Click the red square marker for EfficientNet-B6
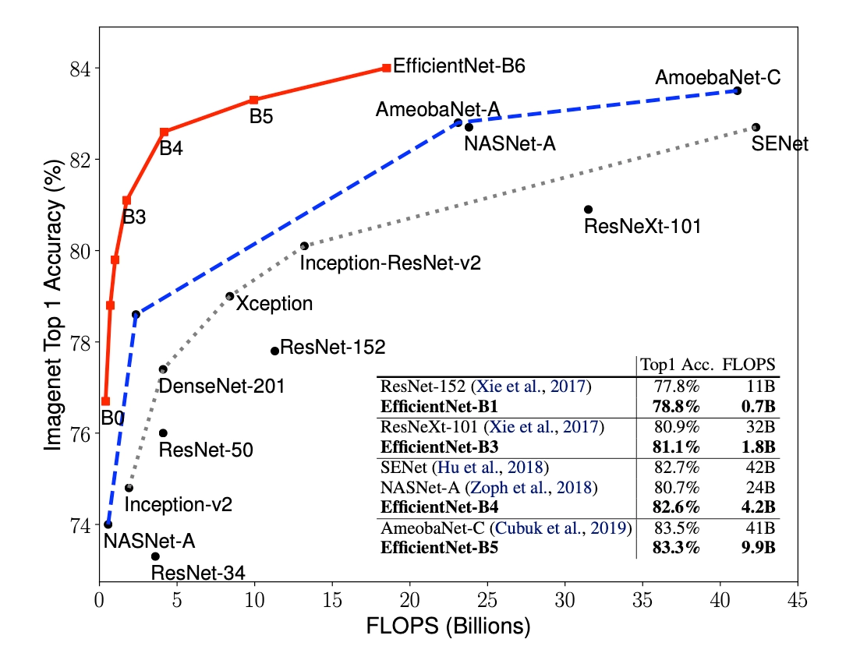(x=387, y=68)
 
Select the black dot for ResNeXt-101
(x=588, y=210)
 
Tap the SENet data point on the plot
(x=756, y=127)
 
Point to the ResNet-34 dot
(x=155, y=556)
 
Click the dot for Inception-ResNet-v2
(x=304, y=246)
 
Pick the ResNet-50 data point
(x=163, y=433)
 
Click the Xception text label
(x=274, y=304)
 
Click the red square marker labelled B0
(x=105, y=401)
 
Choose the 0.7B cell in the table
(x=757, y=407)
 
